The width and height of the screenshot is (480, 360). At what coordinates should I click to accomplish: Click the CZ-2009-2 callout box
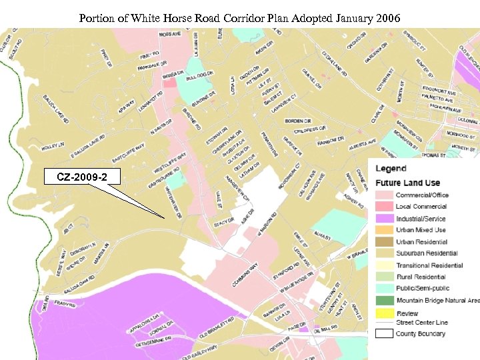[79, 177]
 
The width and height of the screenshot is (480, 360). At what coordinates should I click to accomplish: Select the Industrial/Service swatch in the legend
[384, 219]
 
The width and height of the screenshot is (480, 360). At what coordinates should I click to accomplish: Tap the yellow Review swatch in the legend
[384, 313]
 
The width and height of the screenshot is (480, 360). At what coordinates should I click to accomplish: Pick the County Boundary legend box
[384, 333]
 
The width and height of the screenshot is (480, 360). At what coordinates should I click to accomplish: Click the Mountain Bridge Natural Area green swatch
[384, 301]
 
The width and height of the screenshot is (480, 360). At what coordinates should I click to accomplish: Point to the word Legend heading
[391, 168]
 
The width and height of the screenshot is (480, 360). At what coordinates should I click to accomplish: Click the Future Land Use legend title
[407, 183]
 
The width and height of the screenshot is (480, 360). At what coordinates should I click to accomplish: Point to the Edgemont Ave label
[438, 91]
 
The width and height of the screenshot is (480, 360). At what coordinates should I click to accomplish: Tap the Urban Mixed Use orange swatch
[384, 230]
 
